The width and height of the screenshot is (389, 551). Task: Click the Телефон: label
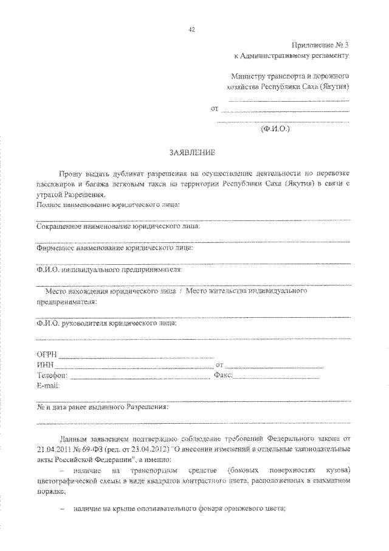click(x=52, y=375)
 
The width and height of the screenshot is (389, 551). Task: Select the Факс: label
click(x=223, y=375)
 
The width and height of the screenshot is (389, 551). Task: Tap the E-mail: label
click(x=49, y=385)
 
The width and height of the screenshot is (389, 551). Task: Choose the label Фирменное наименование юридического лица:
click(x=115, y=248)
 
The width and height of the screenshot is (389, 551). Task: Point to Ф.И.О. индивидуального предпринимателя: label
click(x=109, y=270)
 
